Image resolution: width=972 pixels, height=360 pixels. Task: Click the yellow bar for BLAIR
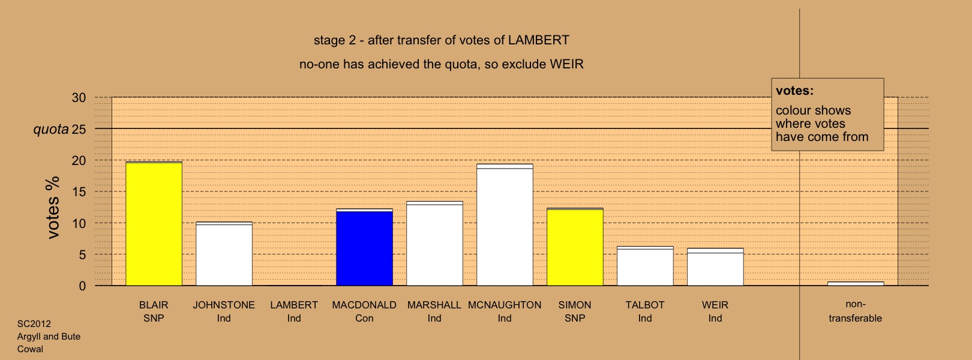click(x=154, y=224)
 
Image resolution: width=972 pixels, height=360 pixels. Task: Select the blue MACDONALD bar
click(x=365, y=247)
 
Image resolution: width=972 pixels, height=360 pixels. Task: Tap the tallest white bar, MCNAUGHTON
click(x=505, y=224)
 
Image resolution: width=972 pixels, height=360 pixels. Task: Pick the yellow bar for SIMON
click(x=575, y=247)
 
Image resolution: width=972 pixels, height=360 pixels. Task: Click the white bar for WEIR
click(x=715, y=267)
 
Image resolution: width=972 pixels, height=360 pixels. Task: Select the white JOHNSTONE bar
click(x=224, y=254)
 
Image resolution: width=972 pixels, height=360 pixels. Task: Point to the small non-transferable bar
click(x=856, y=284)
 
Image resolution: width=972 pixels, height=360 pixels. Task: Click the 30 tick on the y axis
click(x=79, y=98)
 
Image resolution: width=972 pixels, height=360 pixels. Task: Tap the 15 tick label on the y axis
click(x=79, y=192)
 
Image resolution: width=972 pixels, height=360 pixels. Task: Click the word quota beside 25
click(x=51, y=129)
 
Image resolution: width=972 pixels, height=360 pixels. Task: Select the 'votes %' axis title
click(x=53, y=208)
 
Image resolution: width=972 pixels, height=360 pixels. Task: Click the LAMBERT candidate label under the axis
click(x=294, y=305)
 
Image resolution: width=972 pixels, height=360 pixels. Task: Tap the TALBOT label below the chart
click(x=645, y=305)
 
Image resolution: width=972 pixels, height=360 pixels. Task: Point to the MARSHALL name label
click(x=434, y=305)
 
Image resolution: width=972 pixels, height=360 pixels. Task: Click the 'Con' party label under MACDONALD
click(x=365, y=318)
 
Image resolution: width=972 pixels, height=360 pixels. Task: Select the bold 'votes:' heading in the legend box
click(x=794, y=91)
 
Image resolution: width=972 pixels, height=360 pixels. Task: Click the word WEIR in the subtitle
click(x=567, y=64)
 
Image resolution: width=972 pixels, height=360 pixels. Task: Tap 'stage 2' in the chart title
click(x=335, y=40)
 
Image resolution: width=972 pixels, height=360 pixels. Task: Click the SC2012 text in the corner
click(x=34, y=324)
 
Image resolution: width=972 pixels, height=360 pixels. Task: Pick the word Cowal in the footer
click(x=31, y=349)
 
